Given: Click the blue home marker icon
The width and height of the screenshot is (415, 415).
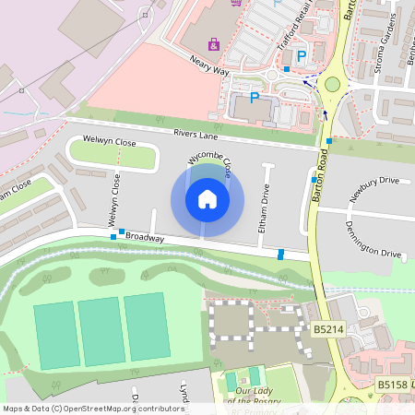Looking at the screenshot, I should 207,199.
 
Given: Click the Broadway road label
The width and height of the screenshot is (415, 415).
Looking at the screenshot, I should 145,237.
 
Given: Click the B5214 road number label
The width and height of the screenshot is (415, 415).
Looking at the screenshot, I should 328,328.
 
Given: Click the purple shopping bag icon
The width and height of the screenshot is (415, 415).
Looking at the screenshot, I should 214,43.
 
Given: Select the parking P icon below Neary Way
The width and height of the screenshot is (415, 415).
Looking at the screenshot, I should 255,99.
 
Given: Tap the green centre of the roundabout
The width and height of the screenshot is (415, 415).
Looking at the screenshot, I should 332,84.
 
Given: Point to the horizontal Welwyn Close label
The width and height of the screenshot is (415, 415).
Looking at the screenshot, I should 109,141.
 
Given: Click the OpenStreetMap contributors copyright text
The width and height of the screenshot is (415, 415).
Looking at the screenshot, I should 92,408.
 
